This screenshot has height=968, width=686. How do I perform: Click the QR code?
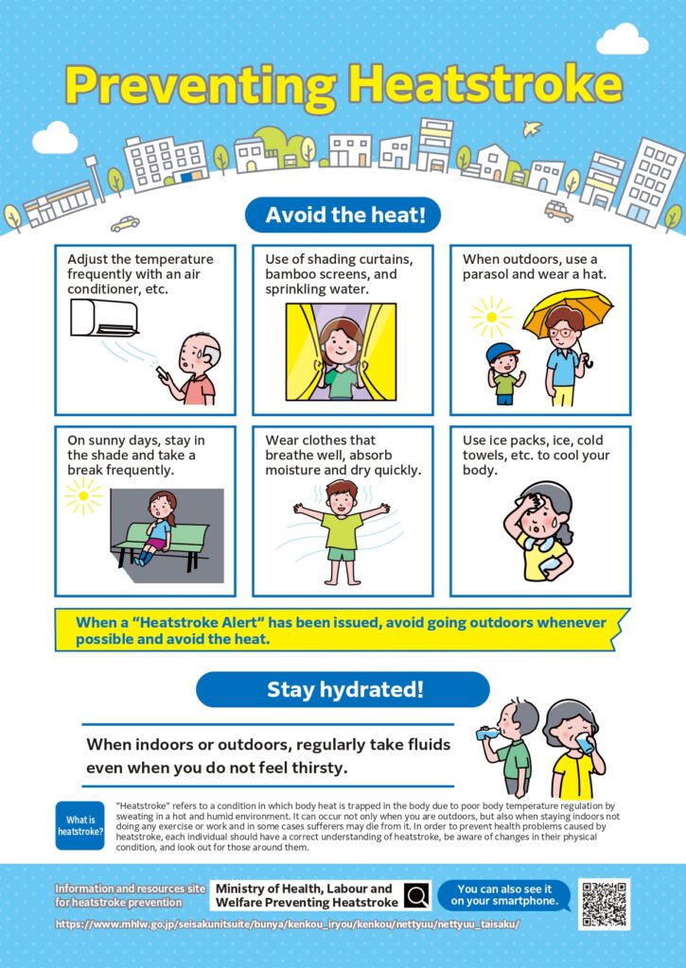(604, 905)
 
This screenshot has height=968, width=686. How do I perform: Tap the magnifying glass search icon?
(415, 895)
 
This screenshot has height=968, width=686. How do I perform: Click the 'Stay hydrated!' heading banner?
(343, 689)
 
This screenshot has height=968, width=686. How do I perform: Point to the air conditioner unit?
(104, 318)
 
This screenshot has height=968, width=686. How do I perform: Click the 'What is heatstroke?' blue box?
(79, 825)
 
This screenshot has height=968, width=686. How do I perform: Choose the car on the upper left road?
(125, 224)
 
